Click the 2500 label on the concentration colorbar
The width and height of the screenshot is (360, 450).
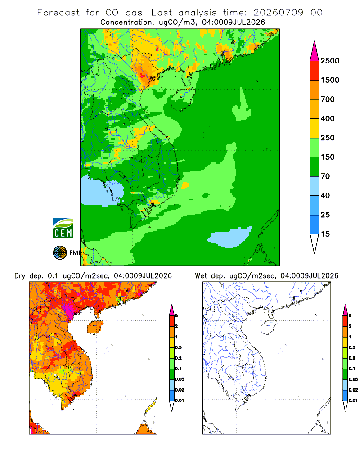tap(330, 61)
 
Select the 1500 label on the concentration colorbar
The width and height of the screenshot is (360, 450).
tap(330, 80)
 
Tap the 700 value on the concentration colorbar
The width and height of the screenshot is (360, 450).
tap(328, 99)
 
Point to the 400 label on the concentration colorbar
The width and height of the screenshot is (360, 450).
tap(328, 118)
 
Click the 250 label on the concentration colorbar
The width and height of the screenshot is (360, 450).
tap(328, 138)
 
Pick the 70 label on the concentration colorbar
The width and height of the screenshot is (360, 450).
tap(325, 176)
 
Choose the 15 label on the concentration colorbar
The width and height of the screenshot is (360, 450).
tap(325, 234)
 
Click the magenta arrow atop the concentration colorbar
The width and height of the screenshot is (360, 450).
tap(315, 52)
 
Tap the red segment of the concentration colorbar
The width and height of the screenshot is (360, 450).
tap(315, 71)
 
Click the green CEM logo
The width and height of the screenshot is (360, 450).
tap(63, 229)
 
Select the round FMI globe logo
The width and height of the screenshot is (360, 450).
tap(60, 253)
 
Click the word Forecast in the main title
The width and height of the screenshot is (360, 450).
tap(58, 13)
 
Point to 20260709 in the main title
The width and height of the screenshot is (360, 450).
tap(278, 13)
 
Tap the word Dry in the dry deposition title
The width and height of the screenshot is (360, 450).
tap(20, 276)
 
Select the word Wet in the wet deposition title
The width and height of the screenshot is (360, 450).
tap(201, 276)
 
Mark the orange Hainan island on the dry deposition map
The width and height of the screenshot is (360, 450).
tap(95, 327)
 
